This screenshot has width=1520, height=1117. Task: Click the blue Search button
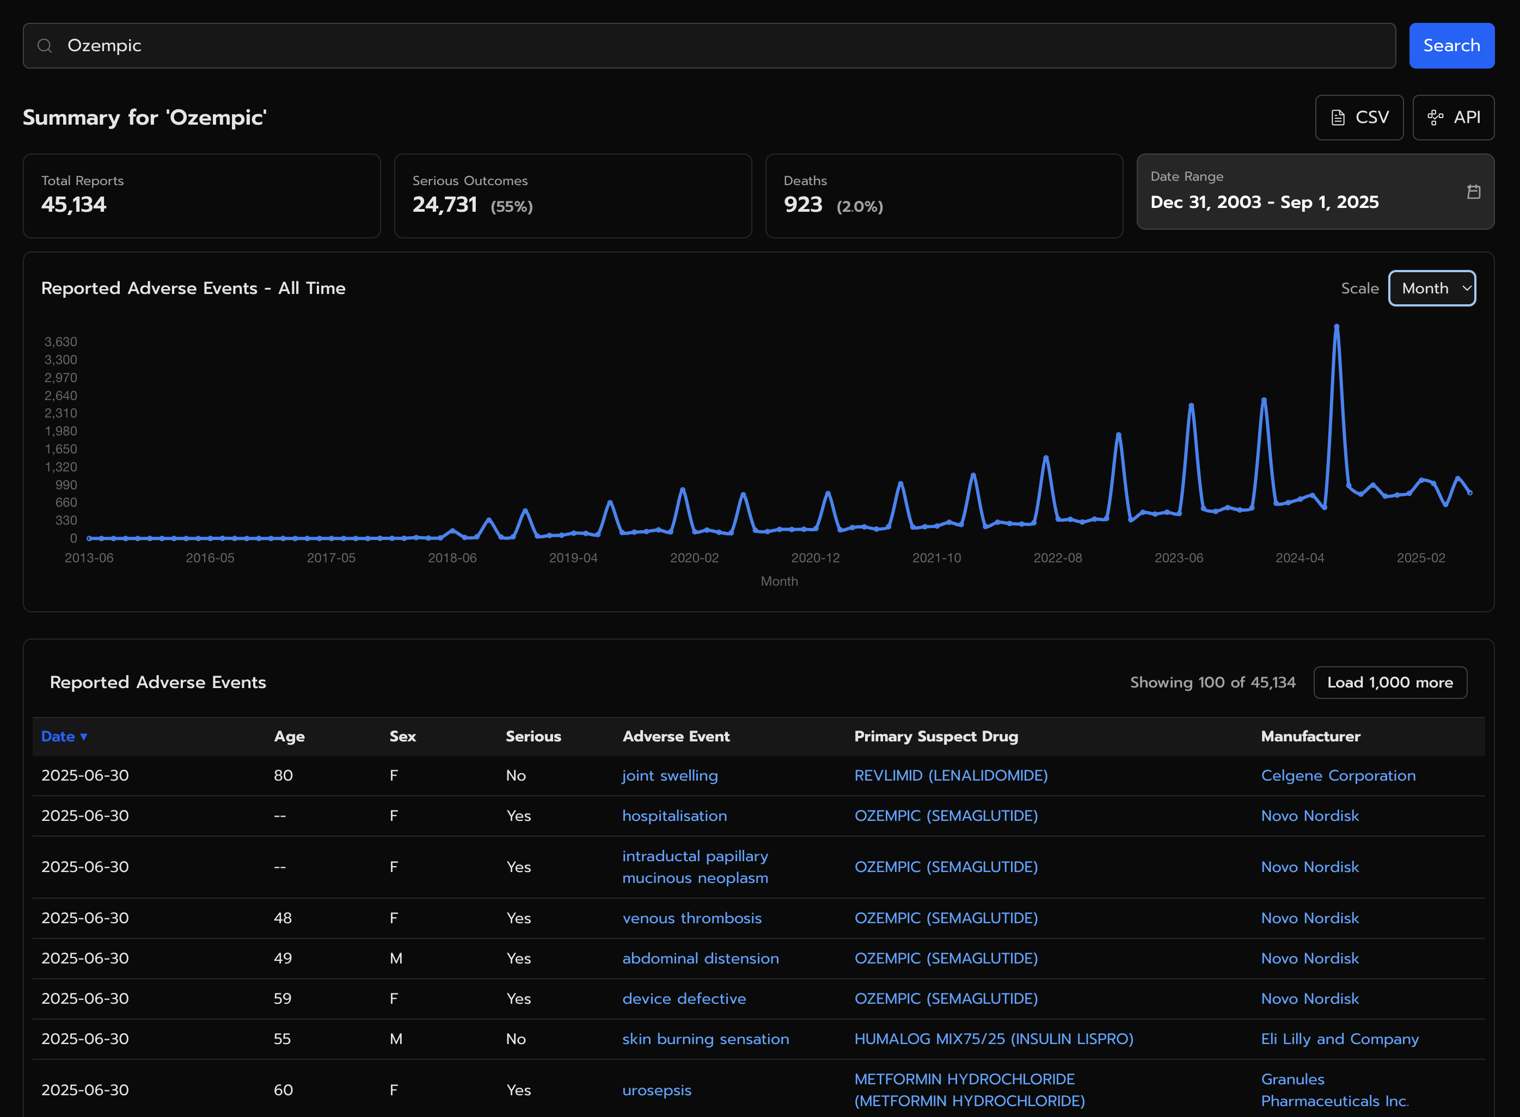(x=1451, y=45)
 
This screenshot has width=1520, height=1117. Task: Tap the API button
(x=1453, y=118)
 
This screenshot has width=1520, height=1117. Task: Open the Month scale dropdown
(x=1431, y=288)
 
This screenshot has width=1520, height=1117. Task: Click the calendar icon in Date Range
(x=1473, y=192)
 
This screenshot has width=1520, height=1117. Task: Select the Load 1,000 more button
(x=1389, y=682)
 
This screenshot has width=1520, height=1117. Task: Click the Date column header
(x=64, y=737)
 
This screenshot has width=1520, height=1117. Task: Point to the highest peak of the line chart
(x=1336, y=327)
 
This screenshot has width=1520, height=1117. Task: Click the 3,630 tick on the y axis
(x=61, y=341)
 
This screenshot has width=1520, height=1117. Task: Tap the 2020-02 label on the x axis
(x=695, y=558)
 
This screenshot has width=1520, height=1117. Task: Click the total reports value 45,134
(x=73, y=204)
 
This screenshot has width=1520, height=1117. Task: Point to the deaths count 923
(x=802, y=204)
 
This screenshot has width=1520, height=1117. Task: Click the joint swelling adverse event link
(x=670, y=776)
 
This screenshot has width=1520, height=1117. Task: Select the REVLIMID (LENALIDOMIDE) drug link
(x=951, y=776)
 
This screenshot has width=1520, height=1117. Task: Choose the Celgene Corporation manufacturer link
(x=1338, y=776)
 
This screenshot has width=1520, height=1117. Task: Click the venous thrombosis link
(x=692, y=918)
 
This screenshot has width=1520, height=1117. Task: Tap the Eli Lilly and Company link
(x=1339, y=1039)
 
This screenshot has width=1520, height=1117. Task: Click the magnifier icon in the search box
(x=45, y=45)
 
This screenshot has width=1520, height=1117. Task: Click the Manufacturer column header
(x=1310, y=737)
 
